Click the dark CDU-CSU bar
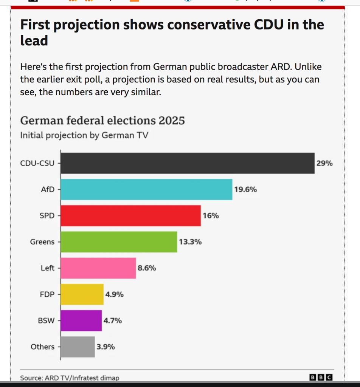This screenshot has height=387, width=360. pos(188,163)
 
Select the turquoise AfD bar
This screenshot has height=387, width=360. pos(146,189)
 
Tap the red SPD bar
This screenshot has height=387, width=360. pos(130,215)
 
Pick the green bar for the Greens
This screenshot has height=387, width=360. pos(119,242)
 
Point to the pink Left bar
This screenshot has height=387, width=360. pos(98,268)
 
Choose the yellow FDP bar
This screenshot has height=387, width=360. pos(82,294)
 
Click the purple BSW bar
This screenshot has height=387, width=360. pos(81,320)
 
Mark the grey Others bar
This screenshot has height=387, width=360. pos(78,347)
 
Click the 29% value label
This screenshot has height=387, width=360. pos(324,163)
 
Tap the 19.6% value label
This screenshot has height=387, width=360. pos(245,190)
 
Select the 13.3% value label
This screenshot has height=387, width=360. pos(190,242)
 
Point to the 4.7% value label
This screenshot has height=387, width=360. pos(113,320)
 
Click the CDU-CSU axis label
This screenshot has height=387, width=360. pos(37,163)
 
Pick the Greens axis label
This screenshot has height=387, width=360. pos(42,242)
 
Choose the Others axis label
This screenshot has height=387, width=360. pos(42,347)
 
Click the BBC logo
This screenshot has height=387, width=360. pos(321,378)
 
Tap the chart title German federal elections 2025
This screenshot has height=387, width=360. pos(102,121)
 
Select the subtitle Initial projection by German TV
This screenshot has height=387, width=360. pos(84,135)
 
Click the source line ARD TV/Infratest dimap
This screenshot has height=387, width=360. pos(70,378)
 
